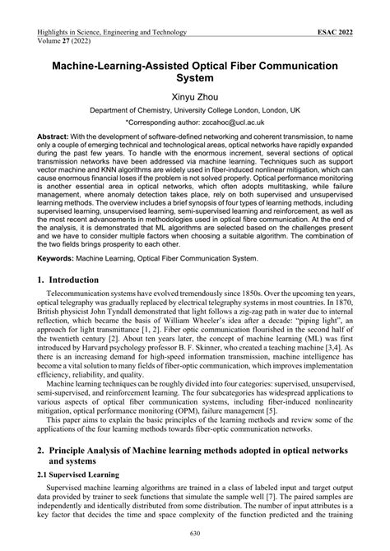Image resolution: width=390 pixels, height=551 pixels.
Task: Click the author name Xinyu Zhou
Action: [x=195, y=96]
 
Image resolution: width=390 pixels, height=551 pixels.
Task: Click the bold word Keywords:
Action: [x=58, y=257]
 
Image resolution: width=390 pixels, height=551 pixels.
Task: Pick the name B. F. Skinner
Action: [x=219, y=352]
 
